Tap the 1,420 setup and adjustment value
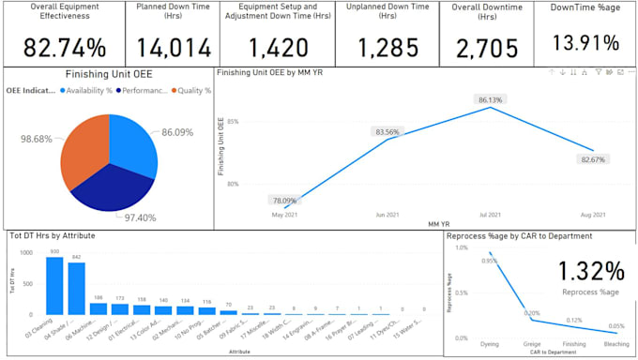(x=278, y=47)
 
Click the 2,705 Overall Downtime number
(x=489, y=47)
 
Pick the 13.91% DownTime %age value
(x=585, y=42)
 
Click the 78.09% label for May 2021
(x=282, y=200)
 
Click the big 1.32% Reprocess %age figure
(x=590, y=271)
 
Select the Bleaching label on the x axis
(x=616, y=343)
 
